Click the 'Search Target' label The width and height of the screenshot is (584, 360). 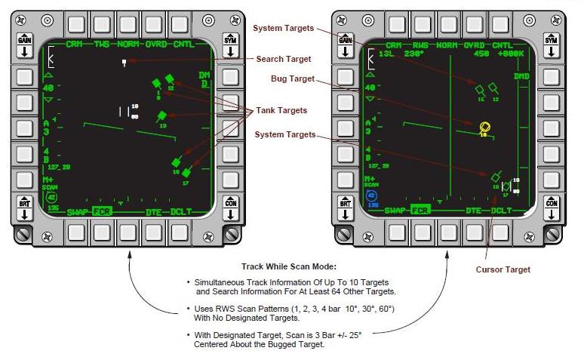pyautogui.click(x=283, y=59)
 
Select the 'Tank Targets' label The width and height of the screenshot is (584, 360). pyautogui.click(x=281, y=110)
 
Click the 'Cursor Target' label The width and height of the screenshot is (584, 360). pyautogui.click(x=503, y=269)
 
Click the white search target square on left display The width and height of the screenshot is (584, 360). pyautogui.click(x=124, y=63)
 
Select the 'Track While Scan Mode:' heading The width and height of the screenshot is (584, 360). pyautogui.click(x=287, y=266)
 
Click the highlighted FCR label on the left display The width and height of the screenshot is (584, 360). pyautogui.click(x=102, y=211)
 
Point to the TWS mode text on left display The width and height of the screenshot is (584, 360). pyautogui.click(x=102, y=45)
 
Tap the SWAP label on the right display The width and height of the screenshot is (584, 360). pyautogui.click(x=398, y=211)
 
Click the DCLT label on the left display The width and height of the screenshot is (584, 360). pyautogui.click(x=182, y=211)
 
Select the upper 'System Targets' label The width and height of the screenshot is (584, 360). pyautogui.click(x=282, y=28)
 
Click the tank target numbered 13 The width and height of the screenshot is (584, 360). pyautogui.click(x=161, y=116)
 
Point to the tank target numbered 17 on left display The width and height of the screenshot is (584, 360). pyautogui.click(x=186, y=174)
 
